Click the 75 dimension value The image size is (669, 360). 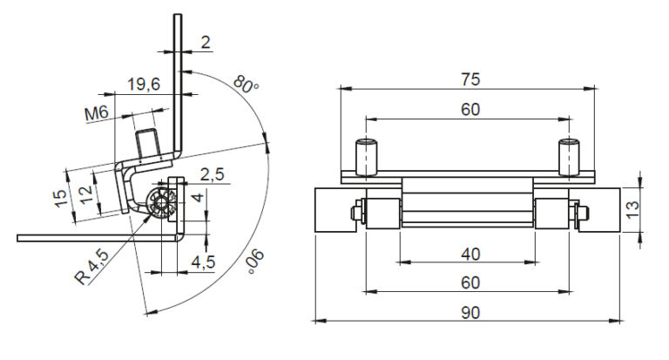(x=470, y=79)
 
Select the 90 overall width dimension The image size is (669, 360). (x=470, y=313)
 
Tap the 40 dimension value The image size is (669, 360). (x=470, y=255)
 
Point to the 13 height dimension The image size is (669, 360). (x=632, y=209)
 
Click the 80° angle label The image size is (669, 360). (x=247, y=85)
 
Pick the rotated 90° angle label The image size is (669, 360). (x=255, y=261)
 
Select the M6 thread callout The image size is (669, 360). (x=97, y=113)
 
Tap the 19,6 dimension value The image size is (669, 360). (x=145, y=85)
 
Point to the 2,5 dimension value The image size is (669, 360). (x=212, y=174)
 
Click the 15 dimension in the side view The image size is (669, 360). (x=61, y=198)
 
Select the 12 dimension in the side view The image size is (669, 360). (x=85, y=194)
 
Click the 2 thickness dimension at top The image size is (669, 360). (x=206, y=43)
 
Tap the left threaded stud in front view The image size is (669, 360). (x=368, y=157)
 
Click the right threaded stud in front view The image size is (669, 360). (x=570, y=157)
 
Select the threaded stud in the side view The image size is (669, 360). (x=147, y=146)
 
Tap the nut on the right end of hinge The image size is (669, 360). (x=583, y=212)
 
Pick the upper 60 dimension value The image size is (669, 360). (x=470, y=110)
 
